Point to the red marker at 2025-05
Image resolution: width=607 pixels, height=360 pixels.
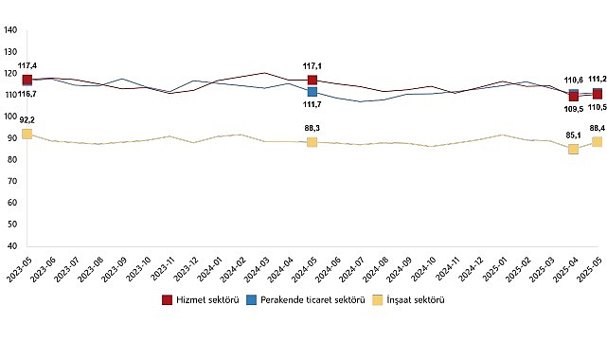pyautogui.click(x=597, y=94)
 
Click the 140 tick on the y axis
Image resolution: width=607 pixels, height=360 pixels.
pyautogui.click(x=11, y=29)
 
